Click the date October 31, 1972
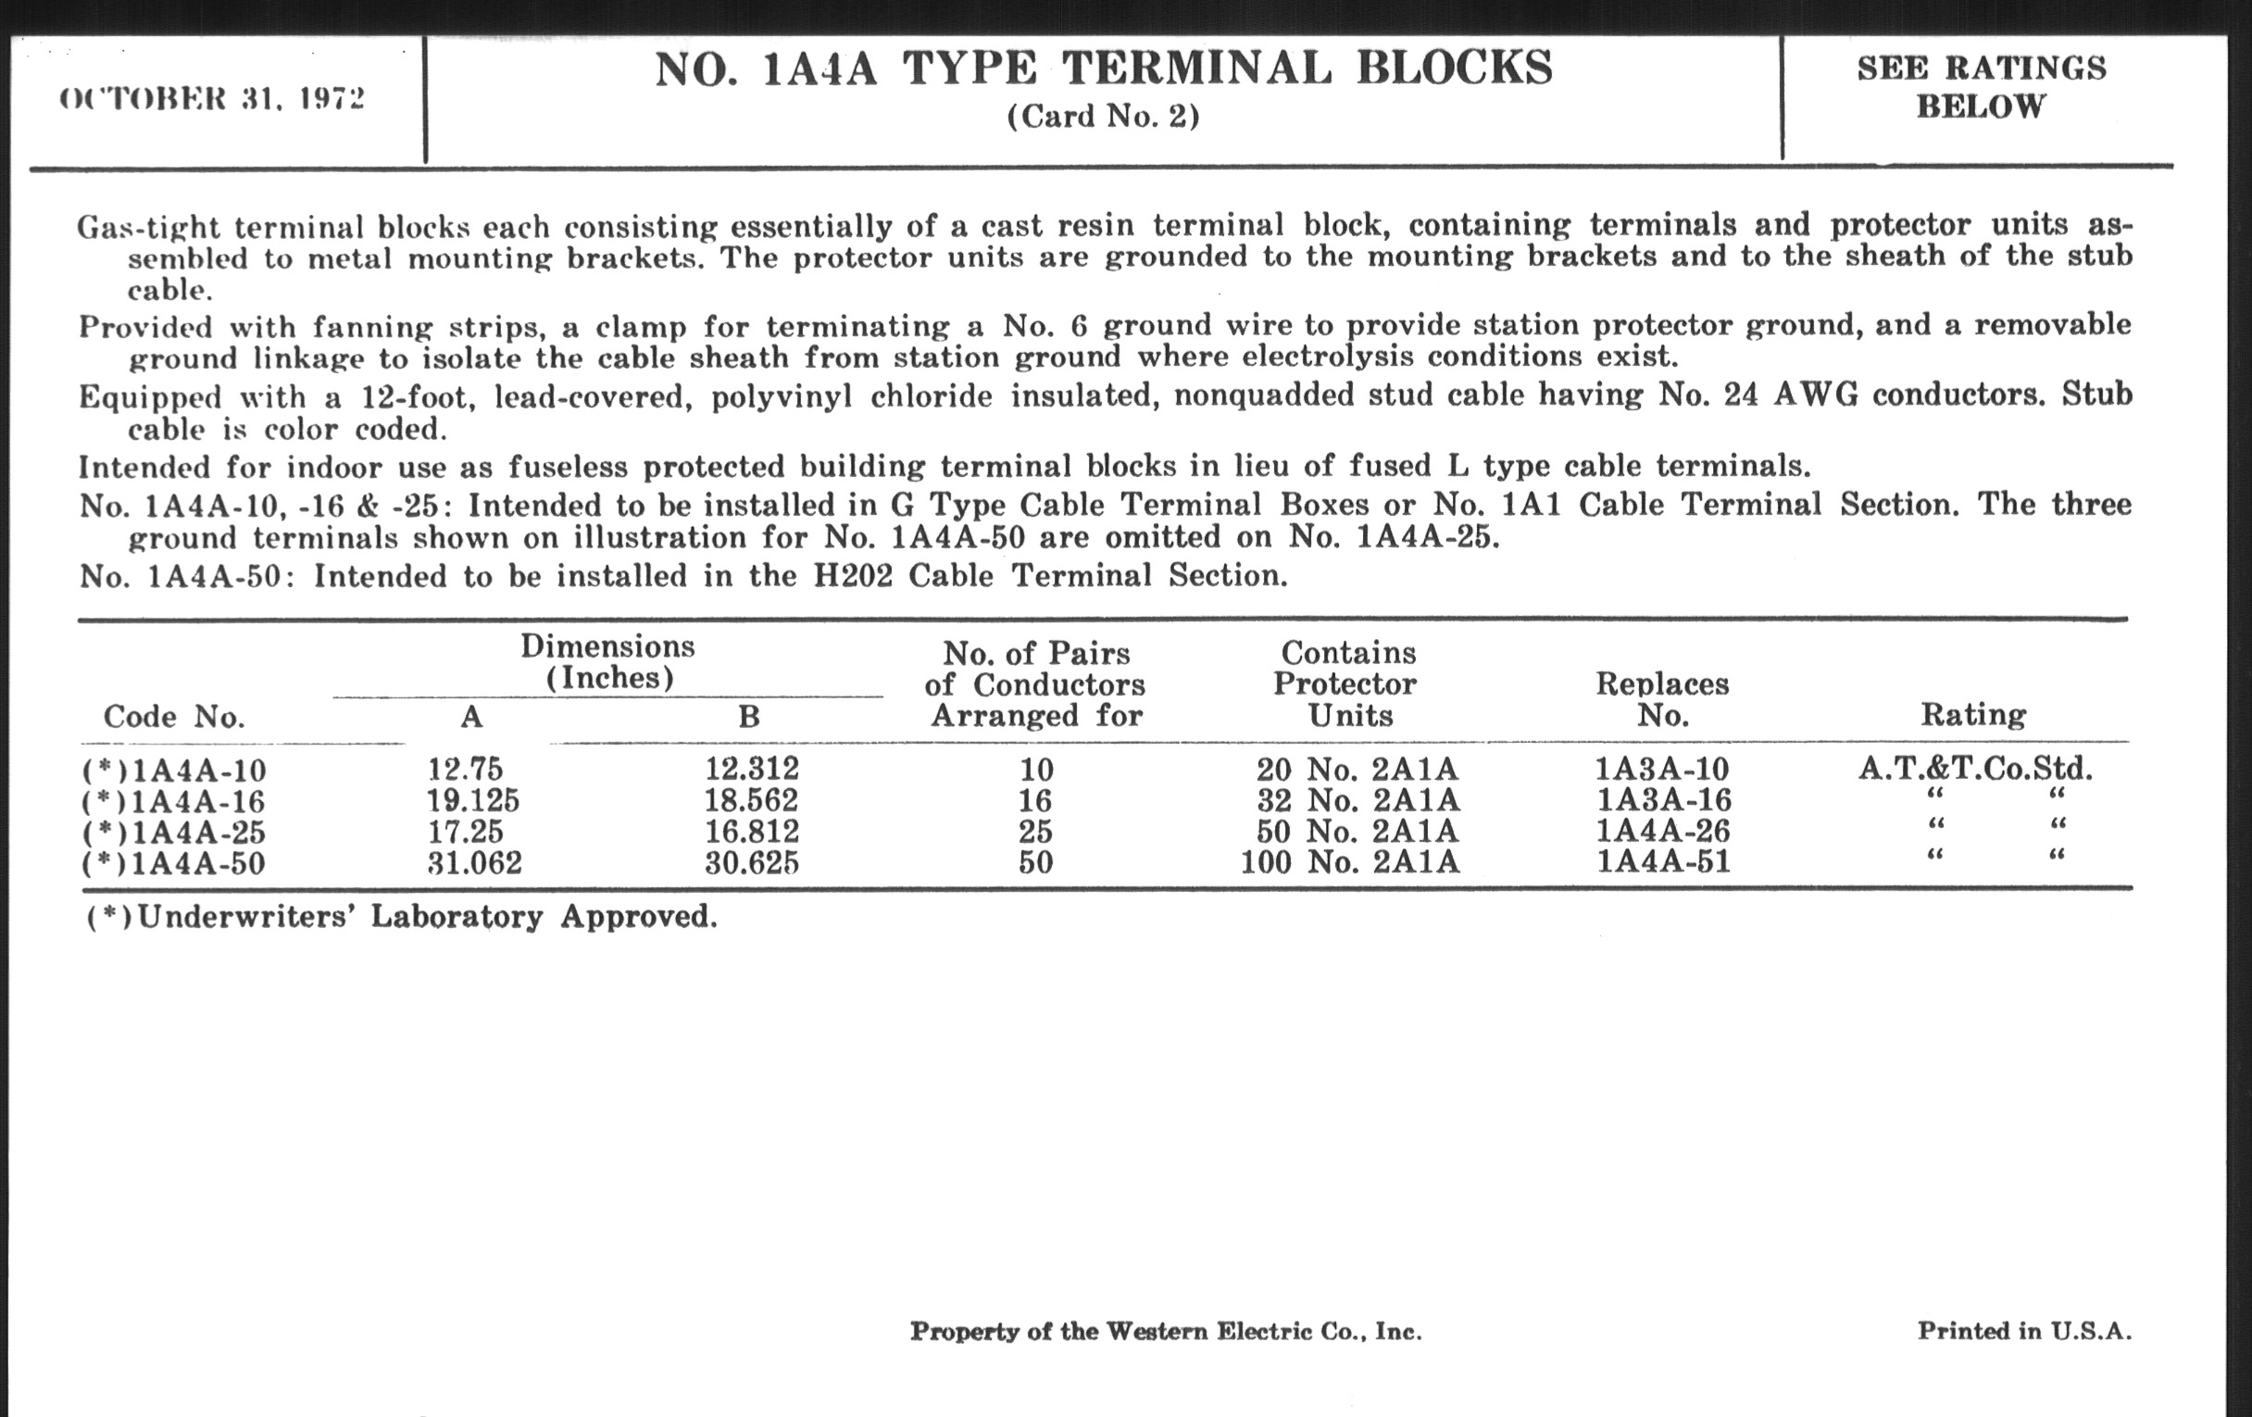pyautogui.click(x=212, y=99)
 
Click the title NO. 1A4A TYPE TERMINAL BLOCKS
pyautogui.click(x=1104, y=69)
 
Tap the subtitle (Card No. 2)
pyautogui.click(x=1104, y=116)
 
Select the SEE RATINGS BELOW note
pyautogui.click(x=1981, y=87)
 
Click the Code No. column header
pyautogui.click(x=174, y=717)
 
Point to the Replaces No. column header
pyautogui.click(x=1662, y=699)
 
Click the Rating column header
pyautogui.click(x=1973, y=715)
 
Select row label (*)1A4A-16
pyautogui.click(x=174, y=801)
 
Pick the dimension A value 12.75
pyautogui.click(x=465, y=769)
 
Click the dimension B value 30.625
pyautogui.click(x=752, y=862)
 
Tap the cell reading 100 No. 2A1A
pyautogui.click(x=1349, y=861)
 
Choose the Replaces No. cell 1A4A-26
pyautogui.click(x=1663, y=831)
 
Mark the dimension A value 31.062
pyautogui.click(x=474, y=862)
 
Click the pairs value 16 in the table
pyautogui.click(x=1035, y=800)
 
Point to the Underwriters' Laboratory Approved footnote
pyautogui.click(x=402, y=917)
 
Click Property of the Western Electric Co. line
pyautogui.click(x=1165, y=1331)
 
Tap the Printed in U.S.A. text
pyautogui.click(x=2025, y=1330)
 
